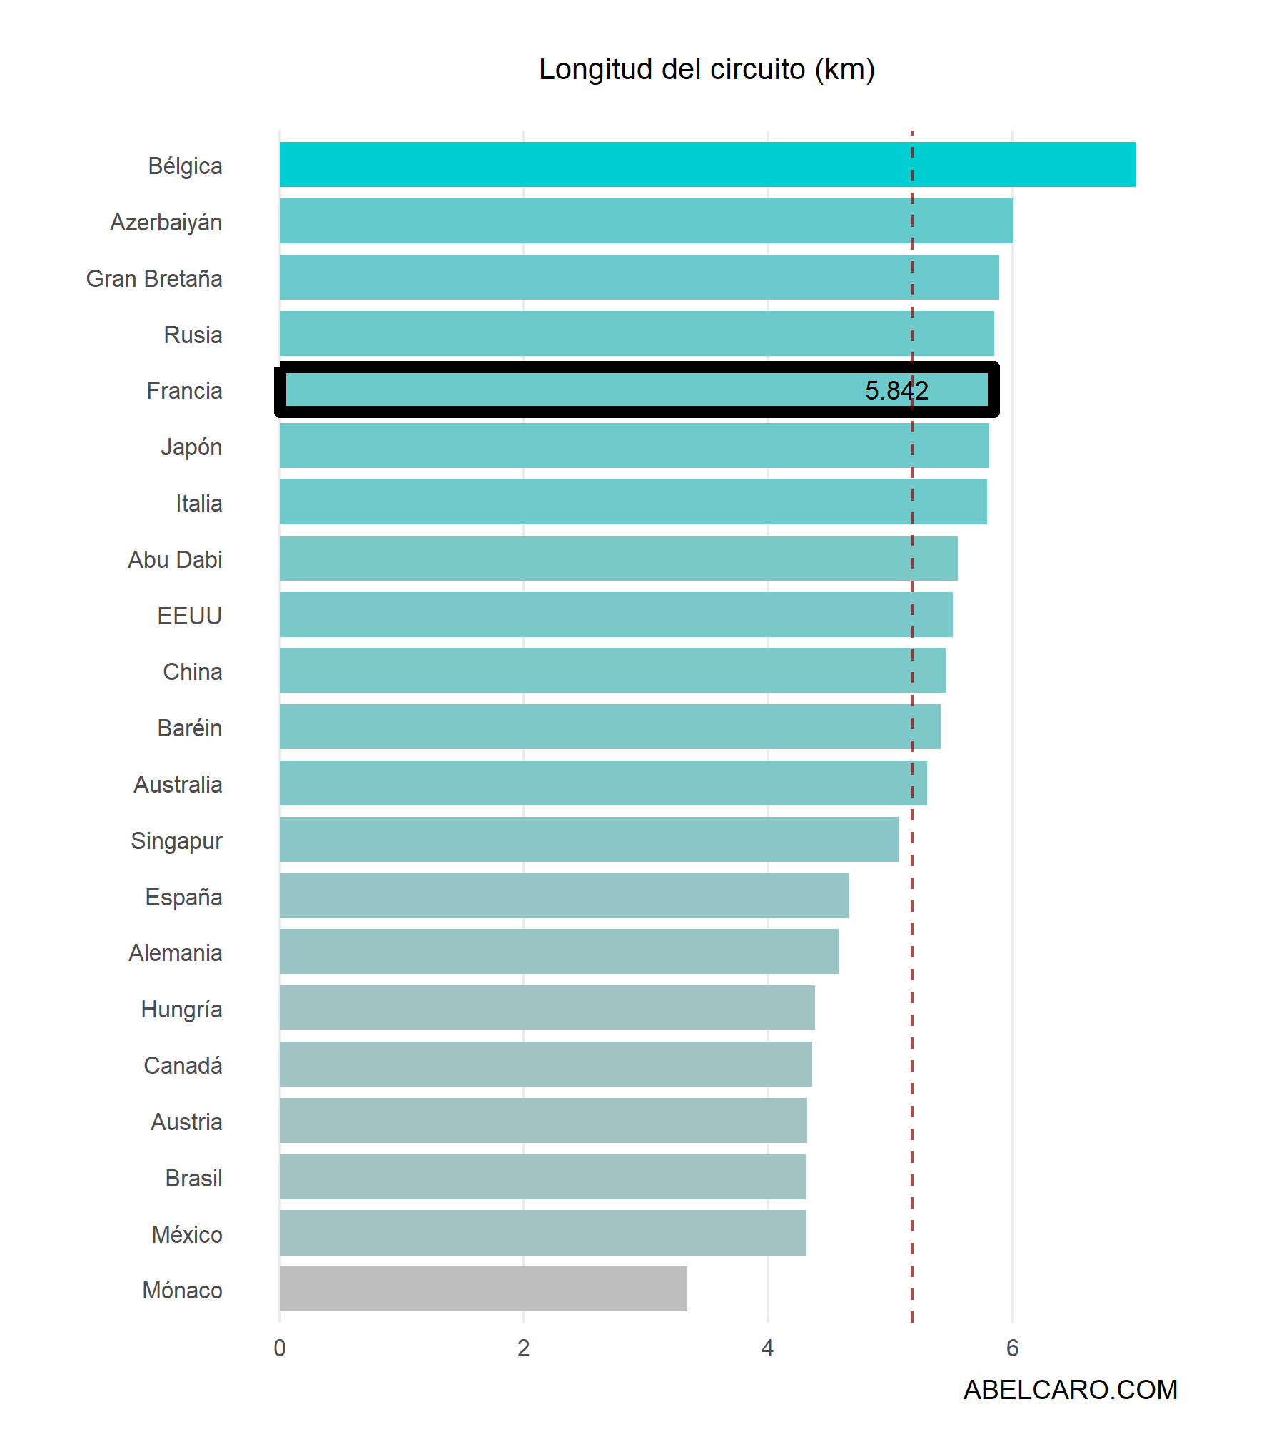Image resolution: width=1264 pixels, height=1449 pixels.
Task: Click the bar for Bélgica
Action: point(707,165)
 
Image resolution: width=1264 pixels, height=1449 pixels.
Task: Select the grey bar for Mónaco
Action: point(483,1288)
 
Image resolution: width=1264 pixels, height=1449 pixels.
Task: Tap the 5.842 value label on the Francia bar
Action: point(896,390)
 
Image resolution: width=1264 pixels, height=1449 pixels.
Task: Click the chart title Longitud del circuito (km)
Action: point(707,69)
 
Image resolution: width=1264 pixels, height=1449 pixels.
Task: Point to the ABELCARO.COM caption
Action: point(1070,1390)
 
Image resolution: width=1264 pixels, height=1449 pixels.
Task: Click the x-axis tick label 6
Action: point(1012,1348)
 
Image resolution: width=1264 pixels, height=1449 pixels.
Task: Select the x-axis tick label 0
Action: point(280,1348)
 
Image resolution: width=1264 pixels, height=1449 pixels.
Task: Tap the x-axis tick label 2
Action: point(524,1348)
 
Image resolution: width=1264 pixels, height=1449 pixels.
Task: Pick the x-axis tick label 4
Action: point(767,1348)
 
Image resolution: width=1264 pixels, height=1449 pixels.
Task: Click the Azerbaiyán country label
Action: point(166,223)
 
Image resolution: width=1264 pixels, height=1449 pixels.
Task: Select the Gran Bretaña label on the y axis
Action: point(154,278)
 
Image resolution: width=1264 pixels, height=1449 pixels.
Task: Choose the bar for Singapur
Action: point(589,839)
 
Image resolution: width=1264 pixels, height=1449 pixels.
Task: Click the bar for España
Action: point(564,895)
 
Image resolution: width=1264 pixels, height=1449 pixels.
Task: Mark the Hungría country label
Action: point(182,1010)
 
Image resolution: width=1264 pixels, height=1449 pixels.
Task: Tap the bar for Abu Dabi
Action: point(618,558)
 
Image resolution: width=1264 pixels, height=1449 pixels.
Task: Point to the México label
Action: point(187,1234)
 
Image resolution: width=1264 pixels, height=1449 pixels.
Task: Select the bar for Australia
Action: point(603,783)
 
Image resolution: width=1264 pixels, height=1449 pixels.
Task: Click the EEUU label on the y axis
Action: point(190,616)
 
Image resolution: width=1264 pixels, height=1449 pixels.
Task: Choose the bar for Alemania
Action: point(559,951)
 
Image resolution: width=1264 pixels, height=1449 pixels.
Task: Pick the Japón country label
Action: point(191,447)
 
